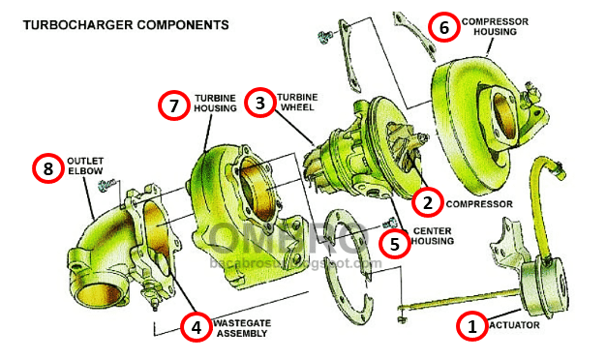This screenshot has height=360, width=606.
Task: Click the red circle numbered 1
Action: click(471, 326)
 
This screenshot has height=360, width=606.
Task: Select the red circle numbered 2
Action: click(426, 202)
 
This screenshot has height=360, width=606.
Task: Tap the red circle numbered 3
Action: click(258, 103)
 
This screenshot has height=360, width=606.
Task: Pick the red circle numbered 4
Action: click(196, 326)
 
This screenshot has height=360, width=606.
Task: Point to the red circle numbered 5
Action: click(393, 242)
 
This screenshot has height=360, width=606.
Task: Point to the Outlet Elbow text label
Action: click(84, 166)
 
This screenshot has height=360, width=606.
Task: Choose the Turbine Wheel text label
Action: click(298, 103)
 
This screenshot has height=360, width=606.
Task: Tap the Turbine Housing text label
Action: click(215, 104)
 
